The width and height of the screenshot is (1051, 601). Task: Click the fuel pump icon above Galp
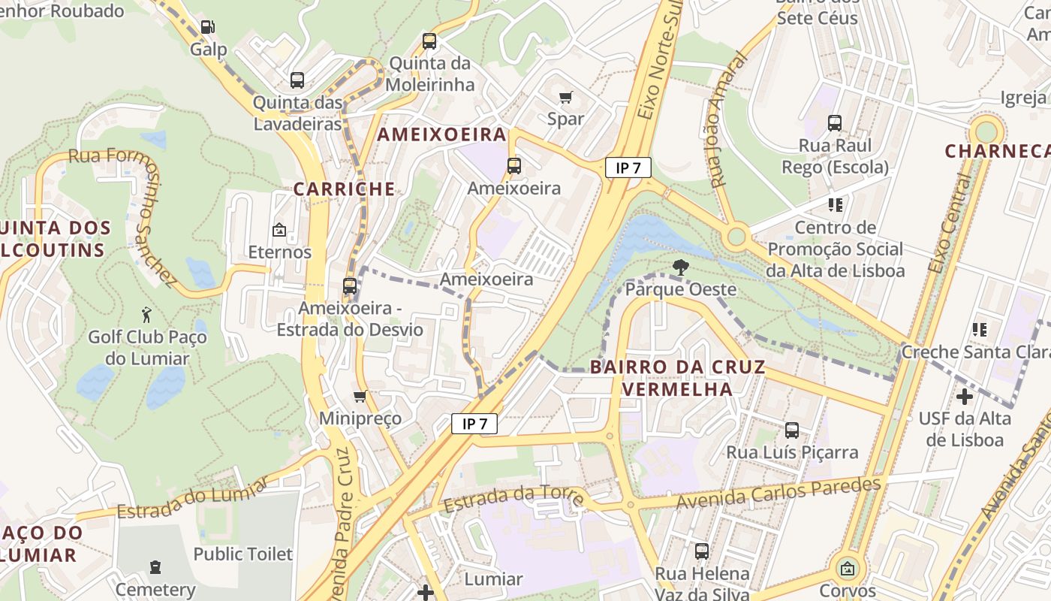point(207,27)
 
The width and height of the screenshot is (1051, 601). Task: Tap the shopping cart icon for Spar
point(566,97)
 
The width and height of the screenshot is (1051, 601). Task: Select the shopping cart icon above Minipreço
point(360,396)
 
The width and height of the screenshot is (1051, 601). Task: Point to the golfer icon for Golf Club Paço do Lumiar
point(146,315)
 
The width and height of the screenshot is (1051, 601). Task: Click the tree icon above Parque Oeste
point(680,267)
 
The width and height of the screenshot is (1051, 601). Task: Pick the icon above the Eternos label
point(279,230)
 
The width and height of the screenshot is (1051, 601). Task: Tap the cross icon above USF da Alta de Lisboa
point(965,396)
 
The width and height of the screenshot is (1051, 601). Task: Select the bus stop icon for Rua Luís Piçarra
point(792,430)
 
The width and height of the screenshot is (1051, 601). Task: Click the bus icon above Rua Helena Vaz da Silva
point(702,551)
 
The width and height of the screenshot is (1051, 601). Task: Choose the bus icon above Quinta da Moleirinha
point(429,41)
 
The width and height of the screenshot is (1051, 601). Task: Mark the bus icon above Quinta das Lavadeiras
point(297,80)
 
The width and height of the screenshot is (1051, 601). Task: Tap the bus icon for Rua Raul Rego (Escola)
point(835,123)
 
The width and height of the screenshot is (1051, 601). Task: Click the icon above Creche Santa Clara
point(979,329)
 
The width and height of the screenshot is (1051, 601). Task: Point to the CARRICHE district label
point(344,189)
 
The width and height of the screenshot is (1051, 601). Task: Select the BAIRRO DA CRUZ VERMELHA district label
point(677,378)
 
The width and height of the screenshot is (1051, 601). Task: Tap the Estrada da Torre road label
point(514,499)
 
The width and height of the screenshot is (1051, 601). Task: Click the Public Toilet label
point(242,554)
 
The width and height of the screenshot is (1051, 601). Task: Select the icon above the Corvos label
point(848,569)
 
